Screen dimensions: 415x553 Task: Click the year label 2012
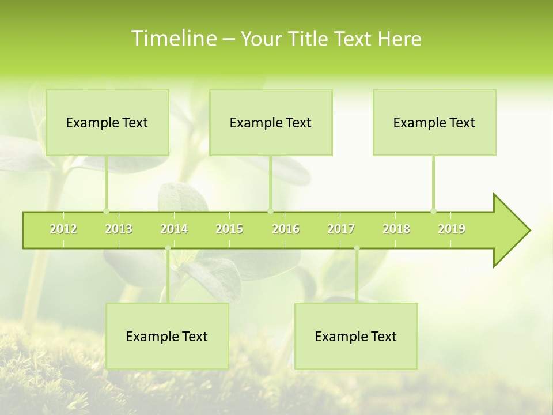point(63,229)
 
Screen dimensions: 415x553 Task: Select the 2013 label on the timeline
point(119,229)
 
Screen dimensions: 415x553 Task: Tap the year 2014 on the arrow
point(174,229)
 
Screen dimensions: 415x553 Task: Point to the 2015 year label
point(229,229)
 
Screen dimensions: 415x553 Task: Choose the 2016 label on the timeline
point(286,229)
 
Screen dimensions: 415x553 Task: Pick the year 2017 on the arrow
point(341,229)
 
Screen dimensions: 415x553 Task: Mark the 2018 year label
point(396,229)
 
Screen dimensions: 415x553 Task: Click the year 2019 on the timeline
point(452,229)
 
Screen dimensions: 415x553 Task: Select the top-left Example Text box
point(107,123)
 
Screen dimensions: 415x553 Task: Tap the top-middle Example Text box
point(271,123)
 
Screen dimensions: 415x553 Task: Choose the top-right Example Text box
point(434,123)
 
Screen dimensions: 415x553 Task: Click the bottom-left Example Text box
point(167,337)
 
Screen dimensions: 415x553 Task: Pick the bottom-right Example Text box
point(356,337)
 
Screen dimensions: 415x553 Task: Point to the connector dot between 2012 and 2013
point(106,211)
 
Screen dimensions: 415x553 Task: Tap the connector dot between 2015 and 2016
point(270,211)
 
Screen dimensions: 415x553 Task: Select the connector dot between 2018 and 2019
point(434,211)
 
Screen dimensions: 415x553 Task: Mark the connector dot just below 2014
point(168,248)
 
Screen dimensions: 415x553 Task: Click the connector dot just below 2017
point(357,248)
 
